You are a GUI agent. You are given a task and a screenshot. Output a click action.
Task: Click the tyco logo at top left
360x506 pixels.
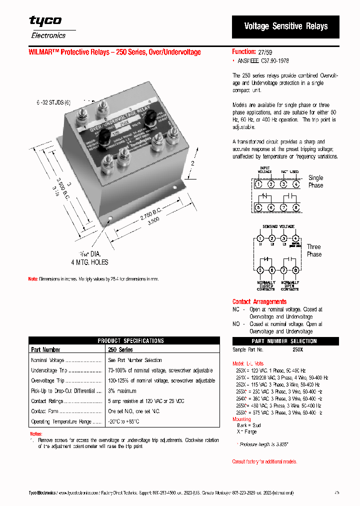45,21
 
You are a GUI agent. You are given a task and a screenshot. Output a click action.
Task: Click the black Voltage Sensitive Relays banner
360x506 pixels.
285,26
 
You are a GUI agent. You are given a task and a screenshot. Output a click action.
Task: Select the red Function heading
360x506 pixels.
244,51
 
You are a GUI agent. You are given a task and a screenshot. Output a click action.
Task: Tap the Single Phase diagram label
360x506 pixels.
315,181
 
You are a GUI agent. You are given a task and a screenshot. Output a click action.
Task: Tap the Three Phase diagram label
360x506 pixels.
314,250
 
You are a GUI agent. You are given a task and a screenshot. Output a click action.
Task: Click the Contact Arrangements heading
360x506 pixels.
259,301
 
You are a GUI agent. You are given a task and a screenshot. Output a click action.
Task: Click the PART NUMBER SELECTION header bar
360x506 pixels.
284,341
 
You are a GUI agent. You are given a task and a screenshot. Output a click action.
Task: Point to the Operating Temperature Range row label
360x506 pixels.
61,421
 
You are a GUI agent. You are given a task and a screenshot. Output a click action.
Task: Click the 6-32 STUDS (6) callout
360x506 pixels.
53,102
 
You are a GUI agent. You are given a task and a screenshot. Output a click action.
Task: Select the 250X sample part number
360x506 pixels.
297,350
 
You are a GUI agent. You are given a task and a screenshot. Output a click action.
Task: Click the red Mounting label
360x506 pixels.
241,419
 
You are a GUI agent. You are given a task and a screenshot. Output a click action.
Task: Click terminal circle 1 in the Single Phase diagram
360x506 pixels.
258,184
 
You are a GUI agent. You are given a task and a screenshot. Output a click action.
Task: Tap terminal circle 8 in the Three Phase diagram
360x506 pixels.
296,270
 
